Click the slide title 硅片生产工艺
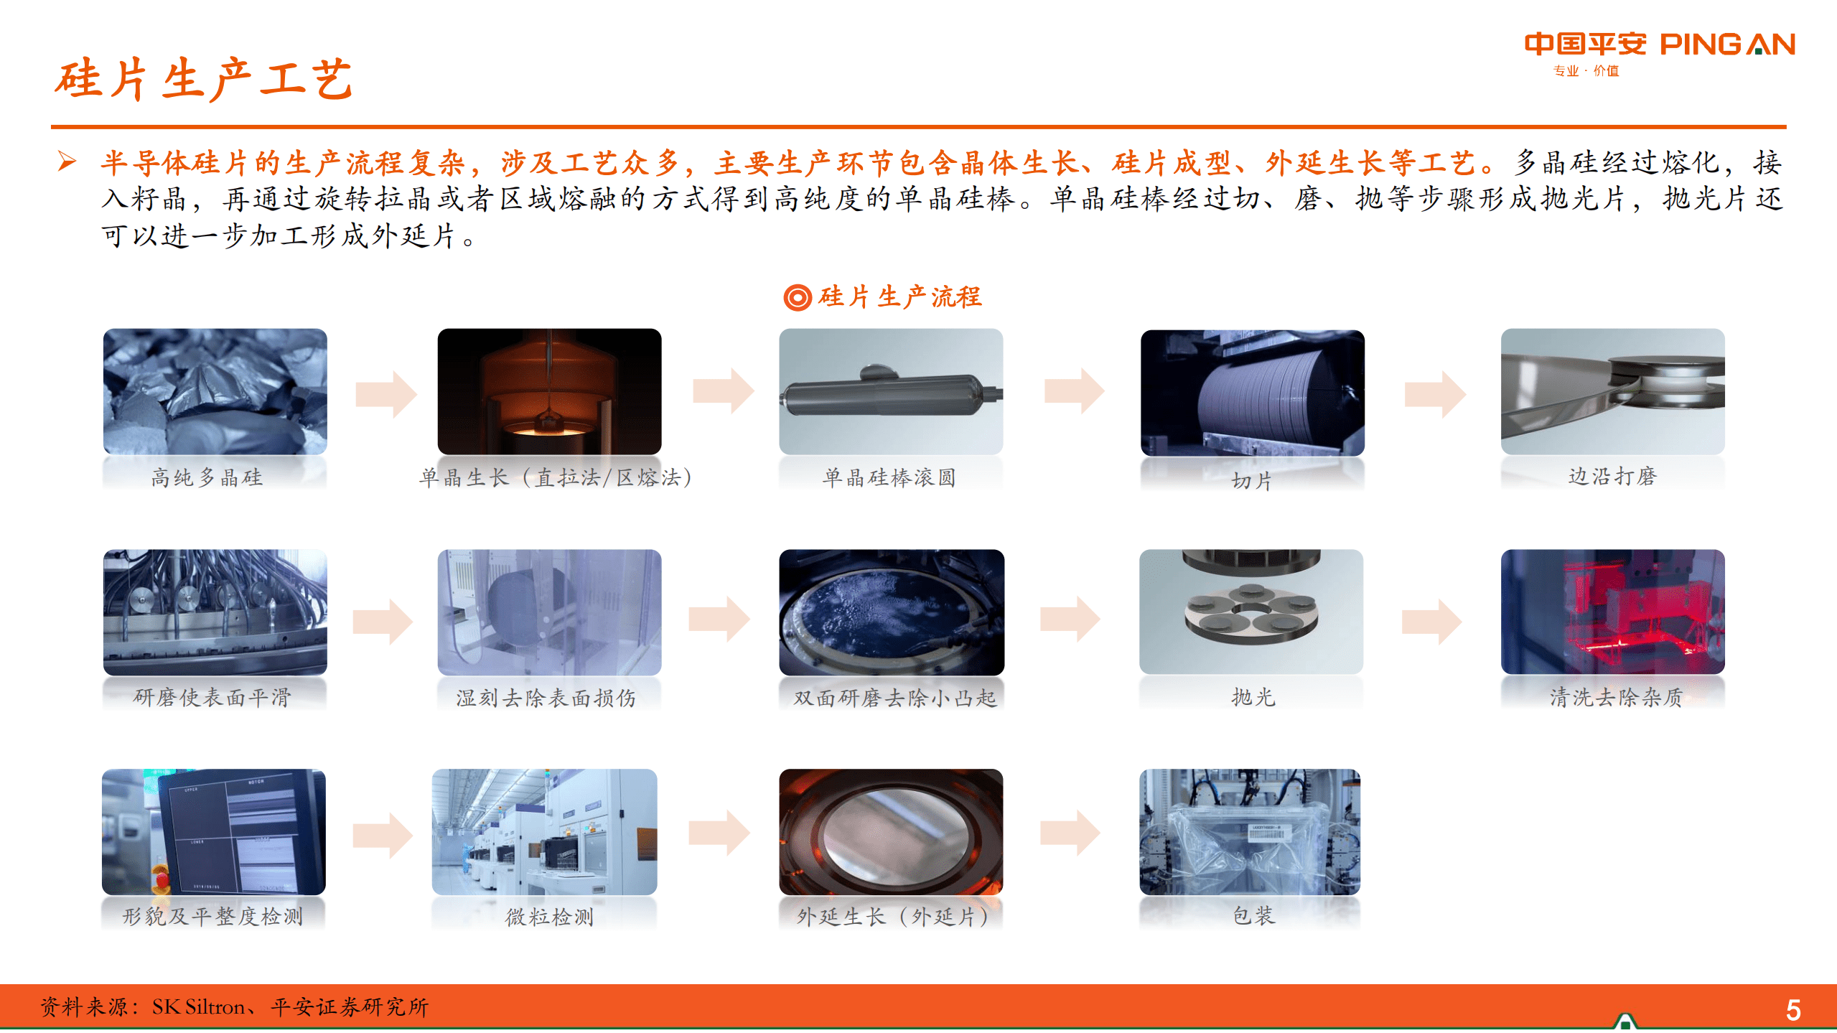click(204, 79)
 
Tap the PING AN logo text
click(1726, 45)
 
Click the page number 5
click(1792, 1010)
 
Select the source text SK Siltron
click(198, 1007)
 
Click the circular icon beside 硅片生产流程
click(797, 297)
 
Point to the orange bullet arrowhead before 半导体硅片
click(67, 161)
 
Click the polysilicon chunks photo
click(215, 392)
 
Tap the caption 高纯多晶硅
click(207, 477)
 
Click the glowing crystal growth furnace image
click(549, 392)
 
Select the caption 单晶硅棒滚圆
click(889, 477)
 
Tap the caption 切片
click(1252, 481)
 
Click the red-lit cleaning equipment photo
click(1612, 612)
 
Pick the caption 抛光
click(1253, 697)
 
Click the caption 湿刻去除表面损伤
click(546, 698)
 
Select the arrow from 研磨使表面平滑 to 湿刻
click(383, 621)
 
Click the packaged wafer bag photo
click(1250, 832)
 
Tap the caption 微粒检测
click(549, 917)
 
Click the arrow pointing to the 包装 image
click(1070, 833)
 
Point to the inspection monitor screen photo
click(214, 832)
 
